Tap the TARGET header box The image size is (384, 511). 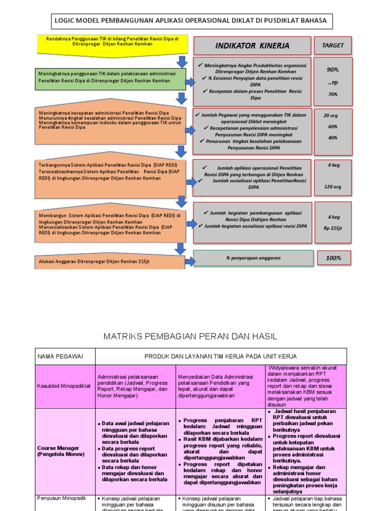click(x=332, y=45)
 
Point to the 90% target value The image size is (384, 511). click(x=333, y=70)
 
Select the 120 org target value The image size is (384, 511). click(x=332, y=187)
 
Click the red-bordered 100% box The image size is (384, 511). click(x=333, y=258)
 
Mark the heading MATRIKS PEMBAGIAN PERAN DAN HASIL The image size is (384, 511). click(x=190, y=337)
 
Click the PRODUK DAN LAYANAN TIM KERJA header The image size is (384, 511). click(x=220, y=356)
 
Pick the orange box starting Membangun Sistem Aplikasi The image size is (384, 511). click(x=109, y=223)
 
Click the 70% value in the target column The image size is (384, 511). click(x=333, y=94)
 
